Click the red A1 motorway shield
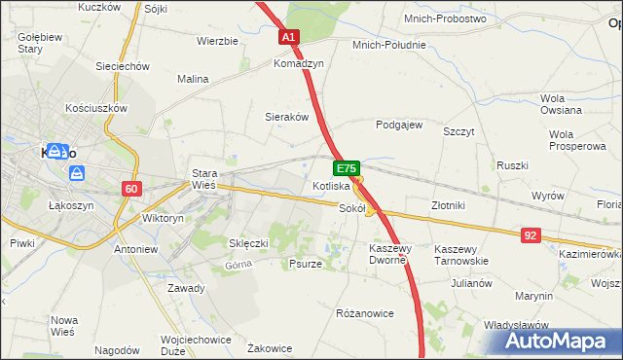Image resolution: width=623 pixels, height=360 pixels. [288, 37]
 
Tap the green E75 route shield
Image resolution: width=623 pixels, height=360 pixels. [348, 168]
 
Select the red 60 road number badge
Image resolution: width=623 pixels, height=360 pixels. [132, 188]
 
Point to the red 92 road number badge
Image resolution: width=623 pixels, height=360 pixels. [530, 234]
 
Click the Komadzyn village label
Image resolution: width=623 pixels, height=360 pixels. [298, 62]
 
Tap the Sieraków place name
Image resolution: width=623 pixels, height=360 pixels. [287, 117]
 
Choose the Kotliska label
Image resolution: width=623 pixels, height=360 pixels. [331, 185]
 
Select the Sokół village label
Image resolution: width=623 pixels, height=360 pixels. [351, 208]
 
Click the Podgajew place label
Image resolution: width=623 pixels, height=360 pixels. [399, 125]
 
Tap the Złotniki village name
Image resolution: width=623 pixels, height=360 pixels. [448, 205]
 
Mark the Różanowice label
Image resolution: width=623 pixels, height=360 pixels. [364, 313]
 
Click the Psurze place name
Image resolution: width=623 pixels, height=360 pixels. [306, 264]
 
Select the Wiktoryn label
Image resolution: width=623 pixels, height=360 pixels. [163, 219]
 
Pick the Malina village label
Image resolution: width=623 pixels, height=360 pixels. [194, 79]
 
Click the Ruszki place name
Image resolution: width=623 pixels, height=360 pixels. [512, 165]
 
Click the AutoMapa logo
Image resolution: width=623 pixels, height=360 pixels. [559, 341]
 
